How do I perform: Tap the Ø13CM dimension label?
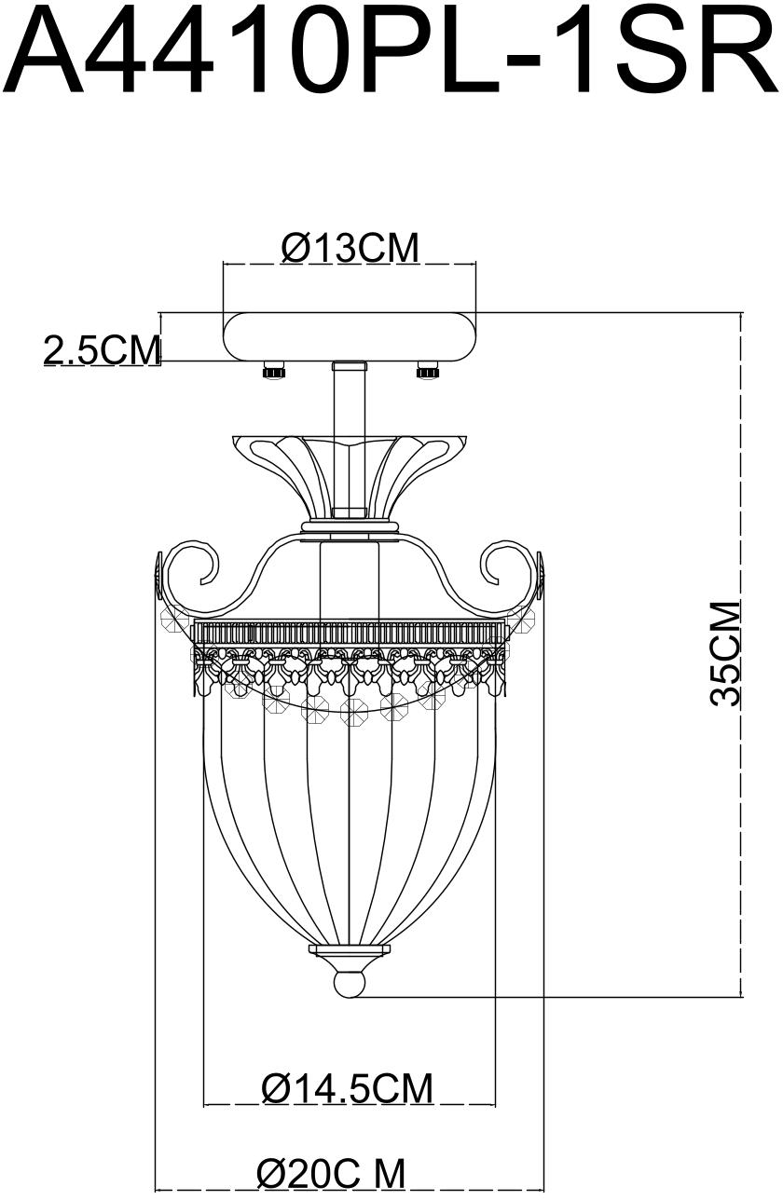[350, 248]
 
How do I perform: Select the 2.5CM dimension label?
[102, 350]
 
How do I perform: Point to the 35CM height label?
[724, 654]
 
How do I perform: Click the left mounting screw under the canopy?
[273, 370]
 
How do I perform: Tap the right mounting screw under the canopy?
[427, 370]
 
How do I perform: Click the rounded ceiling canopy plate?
[350, 336]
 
